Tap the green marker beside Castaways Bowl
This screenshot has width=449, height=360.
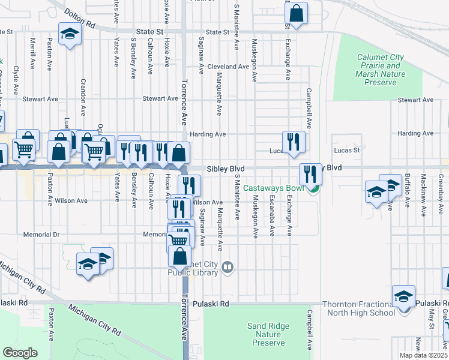click(313, 190)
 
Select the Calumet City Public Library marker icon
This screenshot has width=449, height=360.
click(228, 267)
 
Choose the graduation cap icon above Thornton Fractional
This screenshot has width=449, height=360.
click(403, 295)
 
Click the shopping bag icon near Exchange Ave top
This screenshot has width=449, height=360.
click(296, 12)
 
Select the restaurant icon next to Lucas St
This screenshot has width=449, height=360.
click(294, 141)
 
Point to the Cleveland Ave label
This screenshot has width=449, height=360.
click(228, 67)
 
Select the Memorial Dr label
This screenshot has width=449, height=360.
click(41, 235)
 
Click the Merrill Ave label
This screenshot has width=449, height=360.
click(32, 53)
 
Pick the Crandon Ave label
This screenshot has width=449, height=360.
click(83, 96)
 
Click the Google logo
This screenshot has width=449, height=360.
click(20, 353)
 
